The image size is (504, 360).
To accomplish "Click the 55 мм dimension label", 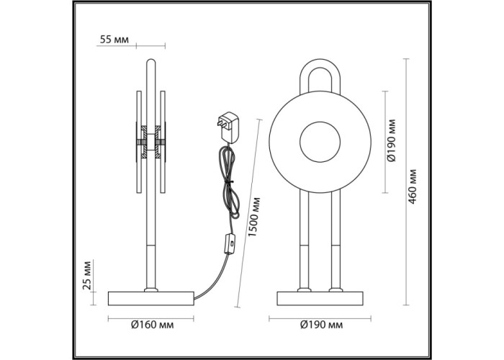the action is (x=114, y=40).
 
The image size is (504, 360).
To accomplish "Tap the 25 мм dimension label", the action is (x=87, y=275).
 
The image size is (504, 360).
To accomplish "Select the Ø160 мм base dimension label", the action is (x=153, y=325).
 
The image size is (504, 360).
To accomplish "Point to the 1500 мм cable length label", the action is (x=254, y=217).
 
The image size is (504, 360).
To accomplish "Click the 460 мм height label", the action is (x=412, y=186).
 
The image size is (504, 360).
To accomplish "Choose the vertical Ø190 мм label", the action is (x=391, y=140).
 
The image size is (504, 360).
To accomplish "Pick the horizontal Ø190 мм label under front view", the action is (x=321, y=325).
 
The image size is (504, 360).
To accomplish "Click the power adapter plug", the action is (x=228, y=127).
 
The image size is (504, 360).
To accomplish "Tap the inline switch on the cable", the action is (x=230, y=244).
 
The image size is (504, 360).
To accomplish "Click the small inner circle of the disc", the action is (x=320, y=142).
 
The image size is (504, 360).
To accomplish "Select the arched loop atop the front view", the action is (x=320, y=76).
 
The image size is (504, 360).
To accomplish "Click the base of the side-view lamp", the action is (x=151, y=298).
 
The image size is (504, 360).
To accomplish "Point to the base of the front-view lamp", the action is (x=320, y=298).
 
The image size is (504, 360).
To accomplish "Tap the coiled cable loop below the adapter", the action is (x=230, y=182).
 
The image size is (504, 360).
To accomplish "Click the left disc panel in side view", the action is (x=139, y=142).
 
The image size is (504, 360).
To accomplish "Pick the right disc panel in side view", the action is (x=163, y=142).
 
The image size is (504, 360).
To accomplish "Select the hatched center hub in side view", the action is (x=150, y=142).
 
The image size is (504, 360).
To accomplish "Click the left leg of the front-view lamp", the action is (x=304, y=240).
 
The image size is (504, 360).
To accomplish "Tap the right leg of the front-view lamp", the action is (x=336, y=240).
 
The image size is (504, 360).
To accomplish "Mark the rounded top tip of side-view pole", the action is (x=150, y=59).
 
